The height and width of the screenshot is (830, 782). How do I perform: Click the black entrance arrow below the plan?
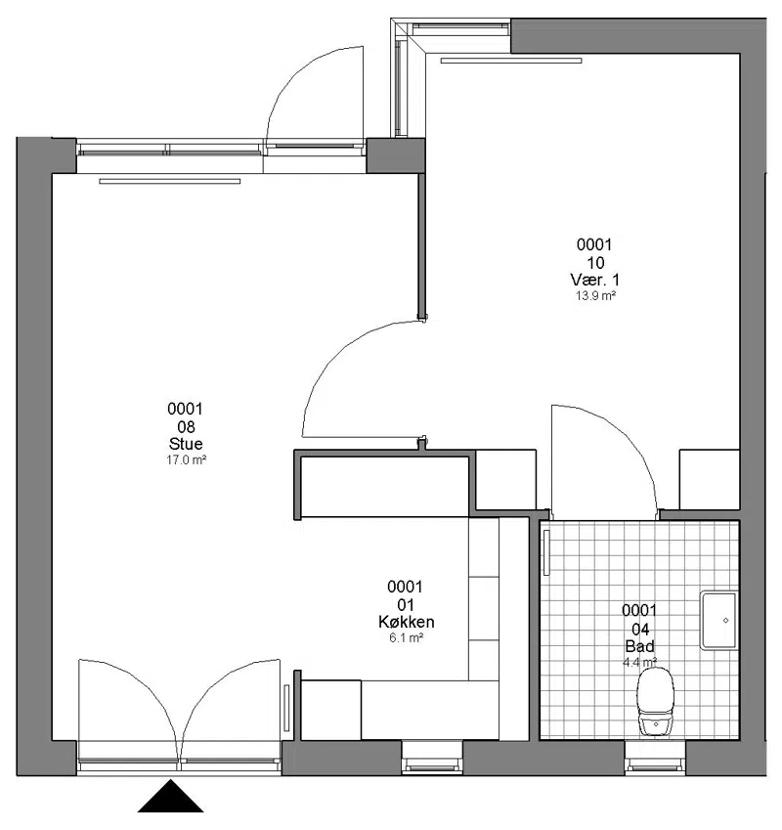click(170, 798)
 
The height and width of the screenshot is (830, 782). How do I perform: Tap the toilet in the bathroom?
click(656, 702)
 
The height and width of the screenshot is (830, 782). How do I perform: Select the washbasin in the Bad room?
click(718, 621)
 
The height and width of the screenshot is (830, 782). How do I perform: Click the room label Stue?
click(186, 444)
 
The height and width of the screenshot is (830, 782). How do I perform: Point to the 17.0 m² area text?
click(187, 460)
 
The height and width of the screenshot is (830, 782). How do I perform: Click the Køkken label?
click(407, 622)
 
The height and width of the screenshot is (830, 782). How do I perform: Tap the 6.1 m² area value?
click(407, 637)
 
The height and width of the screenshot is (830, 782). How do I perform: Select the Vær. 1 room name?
click(594, 280)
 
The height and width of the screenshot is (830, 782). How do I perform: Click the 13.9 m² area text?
click(595, 296)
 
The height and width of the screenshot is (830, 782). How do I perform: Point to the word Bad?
click(639, 646)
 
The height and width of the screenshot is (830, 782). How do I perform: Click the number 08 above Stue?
click(187, 426)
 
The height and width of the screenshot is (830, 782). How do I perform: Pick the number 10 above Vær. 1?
click(595, 263)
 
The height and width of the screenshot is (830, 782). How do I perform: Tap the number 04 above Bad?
click(640, 629)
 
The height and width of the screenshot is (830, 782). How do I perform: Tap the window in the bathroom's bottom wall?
click(655, 758)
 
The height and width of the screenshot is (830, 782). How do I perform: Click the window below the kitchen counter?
click(432, 758)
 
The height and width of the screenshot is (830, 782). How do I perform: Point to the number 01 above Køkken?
click(406, 604)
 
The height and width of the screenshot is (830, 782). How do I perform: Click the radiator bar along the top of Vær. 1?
click(511, 61)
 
